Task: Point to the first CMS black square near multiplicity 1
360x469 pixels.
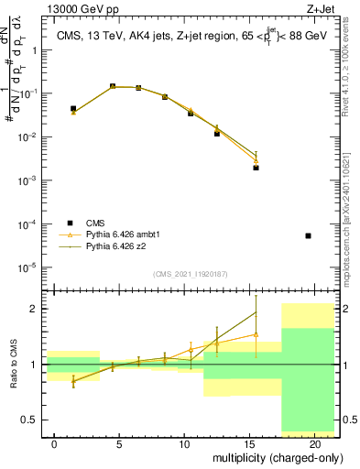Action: point(73,108)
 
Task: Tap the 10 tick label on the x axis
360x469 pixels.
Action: point(184,444)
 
